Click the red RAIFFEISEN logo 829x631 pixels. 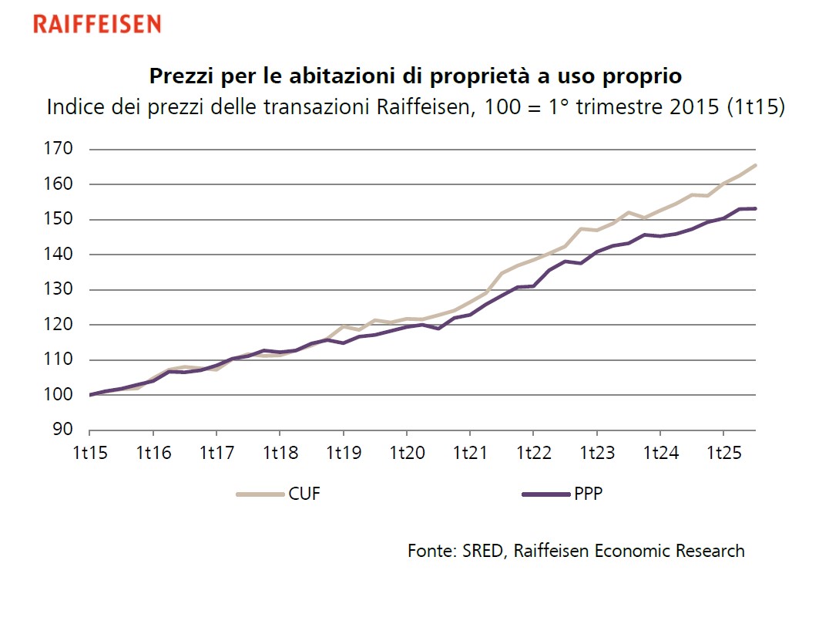click(97, 25)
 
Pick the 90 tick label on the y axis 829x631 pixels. click(65, 430)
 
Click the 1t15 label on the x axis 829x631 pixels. click(90, 453)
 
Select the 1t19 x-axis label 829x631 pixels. click(343, 453)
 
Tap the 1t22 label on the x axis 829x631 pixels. click(532, 453)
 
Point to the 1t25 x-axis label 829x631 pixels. click(722, 453)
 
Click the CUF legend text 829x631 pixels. click(304, 494)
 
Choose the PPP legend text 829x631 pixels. click(588, 494)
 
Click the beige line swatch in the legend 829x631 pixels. click(259, 494)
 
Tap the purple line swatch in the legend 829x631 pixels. click(544, 494)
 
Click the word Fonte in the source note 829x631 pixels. click(431, 551)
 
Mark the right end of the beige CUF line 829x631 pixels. click(756, 164)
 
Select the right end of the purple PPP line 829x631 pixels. click(756, 208)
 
